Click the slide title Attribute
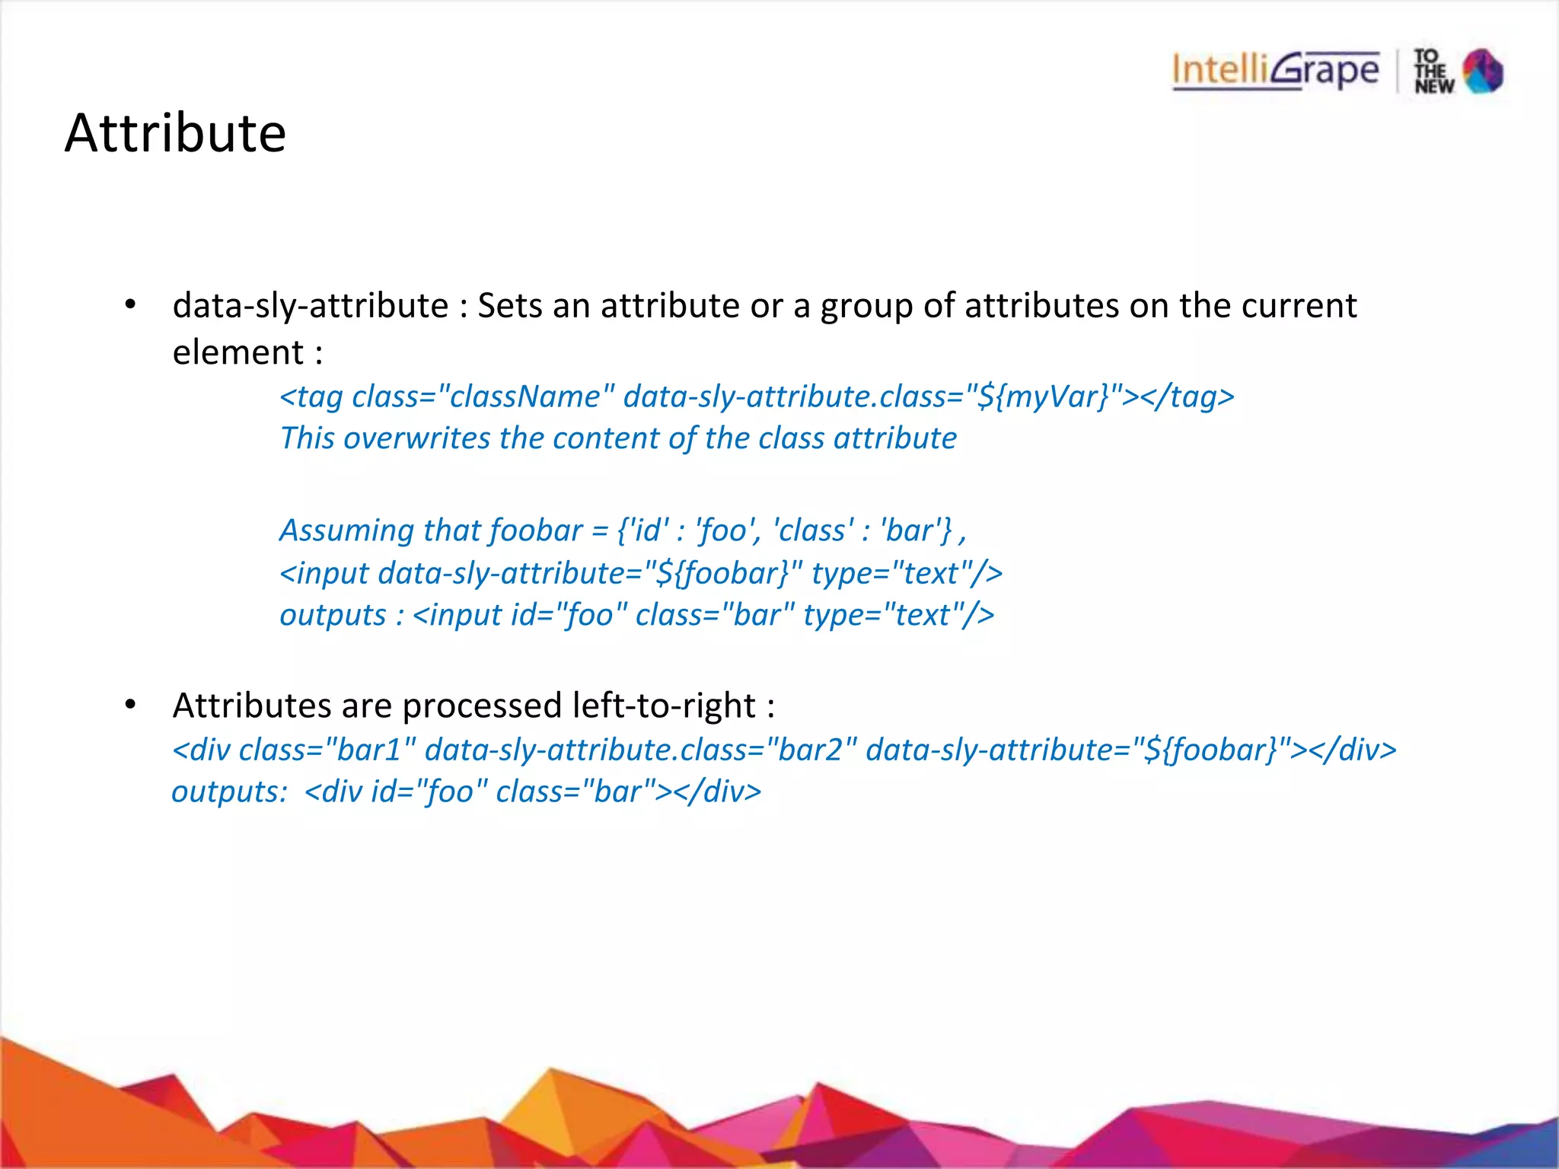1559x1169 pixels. (x=175, y=133)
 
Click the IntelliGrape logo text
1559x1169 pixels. (x=1275, y=71)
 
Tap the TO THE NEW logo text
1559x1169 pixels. (x=1433, y=72)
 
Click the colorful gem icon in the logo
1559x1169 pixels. (x=1484, y=71)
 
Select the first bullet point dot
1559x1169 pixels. (x=130, y=305)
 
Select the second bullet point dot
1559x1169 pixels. (x=130, y=706)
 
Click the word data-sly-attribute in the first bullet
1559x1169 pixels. (x=311, y=306)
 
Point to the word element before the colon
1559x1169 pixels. (x=238, y=352)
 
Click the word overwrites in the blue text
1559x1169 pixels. (x=417, y=438)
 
